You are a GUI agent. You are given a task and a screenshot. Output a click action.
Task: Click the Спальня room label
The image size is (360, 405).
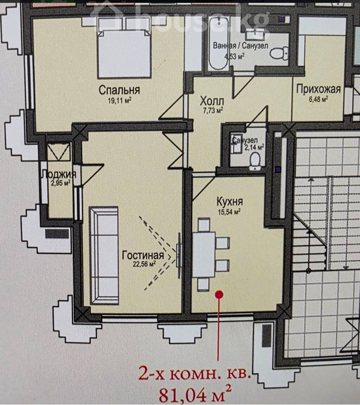point(119,90)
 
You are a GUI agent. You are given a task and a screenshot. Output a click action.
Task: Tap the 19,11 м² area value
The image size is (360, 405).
point(120,100)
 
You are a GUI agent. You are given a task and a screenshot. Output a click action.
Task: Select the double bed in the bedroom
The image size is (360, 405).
point(124,54)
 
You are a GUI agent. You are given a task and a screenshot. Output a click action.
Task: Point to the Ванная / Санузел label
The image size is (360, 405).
point(240,46)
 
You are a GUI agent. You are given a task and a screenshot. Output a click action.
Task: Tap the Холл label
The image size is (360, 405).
point(212,101)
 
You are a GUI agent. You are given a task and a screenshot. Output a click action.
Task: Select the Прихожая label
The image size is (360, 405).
point(319,90)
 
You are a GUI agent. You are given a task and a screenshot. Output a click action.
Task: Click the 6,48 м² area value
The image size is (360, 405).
point(319,99)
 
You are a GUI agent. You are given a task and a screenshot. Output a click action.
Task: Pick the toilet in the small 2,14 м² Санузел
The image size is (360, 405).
point(255,161)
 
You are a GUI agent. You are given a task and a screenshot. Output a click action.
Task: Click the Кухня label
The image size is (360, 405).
point(229,201)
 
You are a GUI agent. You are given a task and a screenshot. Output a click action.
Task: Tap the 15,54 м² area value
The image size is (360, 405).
point(229,212)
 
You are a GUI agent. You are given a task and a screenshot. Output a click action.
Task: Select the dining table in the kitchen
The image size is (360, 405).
point(204,254)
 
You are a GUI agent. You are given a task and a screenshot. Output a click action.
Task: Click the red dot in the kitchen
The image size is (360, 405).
point(219,294)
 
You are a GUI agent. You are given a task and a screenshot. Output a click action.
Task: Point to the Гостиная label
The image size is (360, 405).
point(143,255)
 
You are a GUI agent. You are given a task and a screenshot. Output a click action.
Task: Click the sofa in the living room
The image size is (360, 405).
point(103,256)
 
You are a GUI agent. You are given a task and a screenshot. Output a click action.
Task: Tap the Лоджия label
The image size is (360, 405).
point(59,174)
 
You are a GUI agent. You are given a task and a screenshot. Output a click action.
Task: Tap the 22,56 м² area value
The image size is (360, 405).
point(144,264)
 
